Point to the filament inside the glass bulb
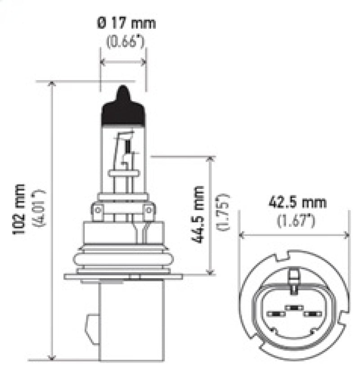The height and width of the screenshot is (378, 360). click(127, 146)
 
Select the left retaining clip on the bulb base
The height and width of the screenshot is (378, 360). click(98, 211)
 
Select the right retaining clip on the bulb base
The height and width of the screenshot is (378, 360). click(149, 211)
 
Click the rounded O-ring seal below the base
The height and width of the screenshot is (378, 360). click(123, 259)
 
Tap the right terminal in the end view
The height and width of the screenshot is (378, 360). click(310, 314)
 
